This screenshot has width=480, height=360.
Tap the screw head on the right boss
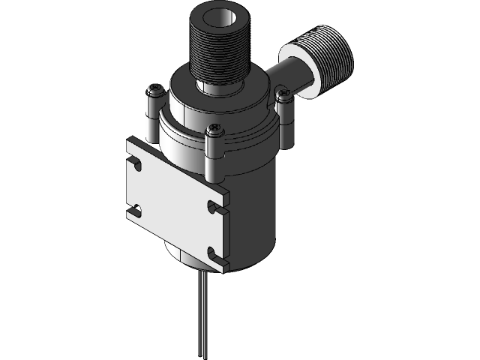[x=283, y=94]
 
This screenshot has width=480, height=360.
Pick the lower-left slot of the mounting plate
[x=135, y=209]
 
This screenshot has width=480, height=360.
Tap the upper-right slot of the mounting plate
[x=216, y=205]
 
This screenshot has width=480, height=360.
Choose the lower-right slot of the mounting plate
[x=216, y=253]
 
